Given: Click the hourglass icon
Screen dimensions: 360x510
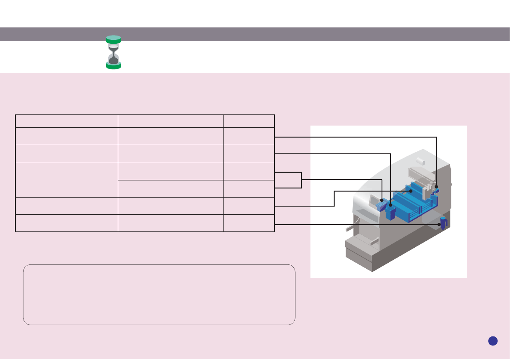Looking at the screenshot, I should tap(113, 52).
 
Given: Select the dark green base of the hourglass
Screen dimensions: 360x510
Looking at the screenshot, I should tap(113, 66).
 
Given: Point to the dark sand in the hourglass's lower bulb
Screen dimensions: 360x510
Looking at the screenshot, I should tap(113, 60).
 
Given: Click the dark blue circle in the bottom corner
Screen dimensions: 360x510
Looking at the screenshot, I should tap(493, 341).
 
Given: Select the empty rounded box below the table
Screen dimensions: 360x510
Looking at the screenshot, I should tap(159, 294).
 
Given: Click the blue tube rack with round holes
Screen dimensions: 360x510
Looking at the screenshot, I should tap(381, 206).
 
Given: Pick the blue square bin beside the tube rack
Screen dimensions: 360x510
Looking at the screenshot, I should tap(390, 213).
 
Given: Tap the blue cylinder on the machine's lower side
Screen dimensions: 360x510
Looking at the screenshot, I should tap(444, 223).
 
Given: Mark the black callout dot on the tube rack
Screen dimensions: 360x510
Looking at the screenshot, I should tap(382, 200).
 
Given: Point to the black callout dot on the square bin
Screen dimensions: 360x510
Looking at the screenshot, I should tap(391, 206).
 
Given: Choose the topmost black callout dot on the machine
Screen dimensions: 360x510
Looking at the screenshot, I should tap(436, 187).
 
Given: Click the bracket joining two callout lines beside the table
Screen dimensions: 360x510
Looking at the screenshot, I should tap(301, 180).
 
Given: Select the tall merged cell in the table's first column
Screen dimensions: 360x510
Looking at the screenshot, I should tap(66, 180).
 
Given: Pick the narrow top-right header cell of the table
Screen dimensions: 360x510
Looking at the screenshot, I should tap(249, 121).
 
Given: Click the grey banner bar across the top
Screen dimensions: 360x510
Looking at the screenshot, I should tap(255, 34).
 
